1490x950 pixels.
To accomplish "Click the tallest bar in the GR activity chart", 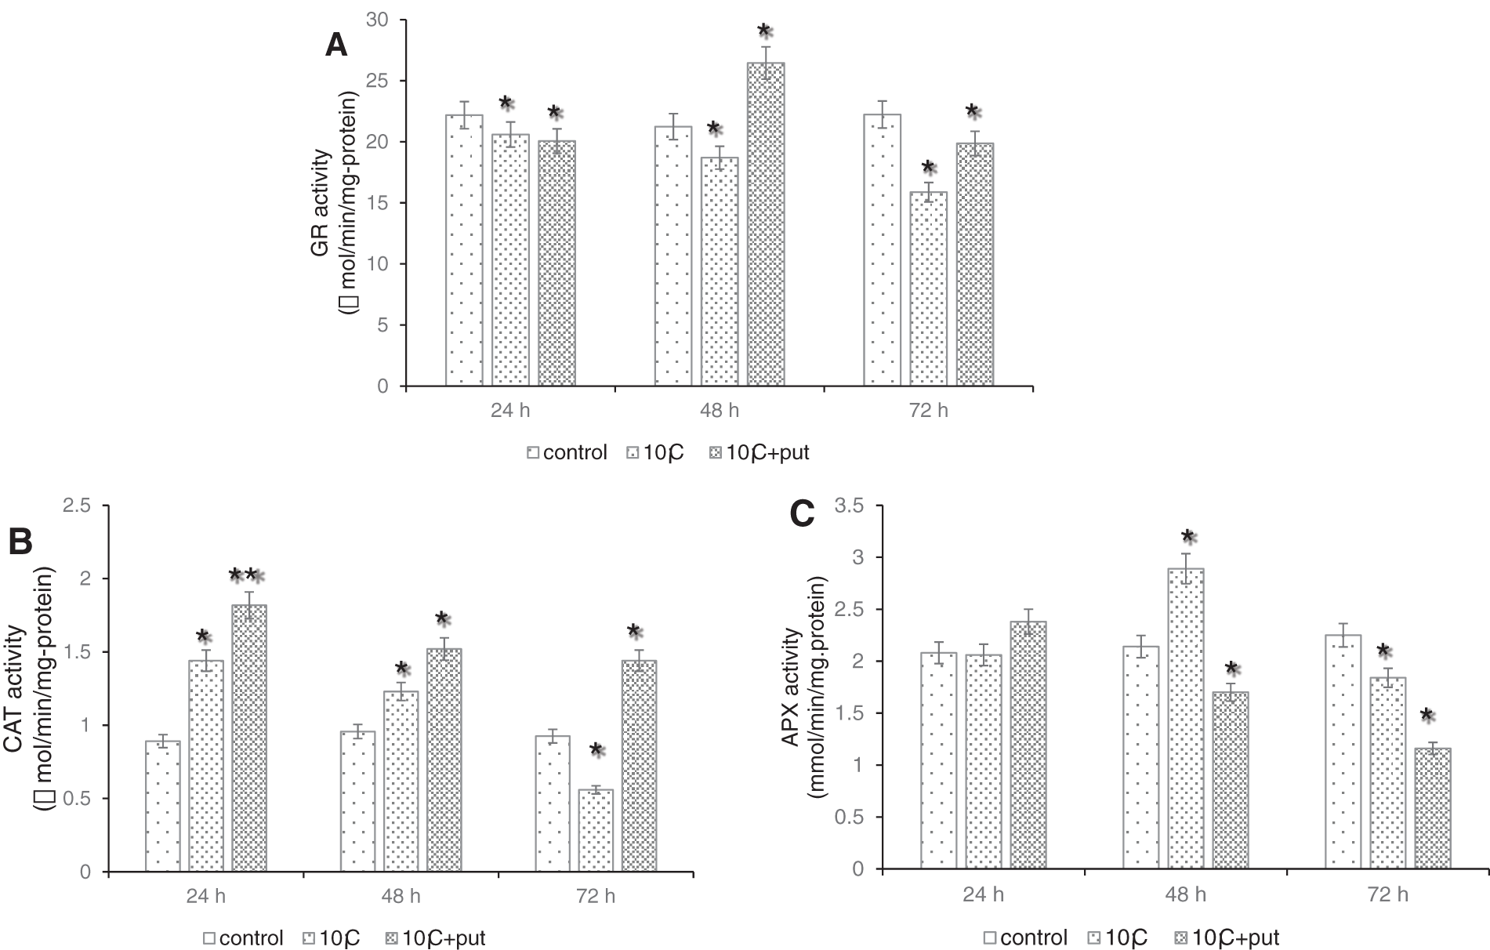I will [x=766, y=224].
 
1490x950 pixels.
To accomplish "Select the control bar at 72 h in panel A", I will [x=882, y=250].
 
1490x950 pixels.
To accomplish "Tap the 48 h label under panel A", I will [x=719, y=411].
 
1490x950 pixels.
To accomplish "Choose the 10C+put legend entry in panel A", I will [x=758, y=453].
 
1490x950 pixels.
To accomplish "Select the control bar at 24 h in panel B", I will [x=163, y=806].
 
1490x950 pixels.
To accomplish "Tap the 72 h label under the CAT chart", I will [x=596, y=897].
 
